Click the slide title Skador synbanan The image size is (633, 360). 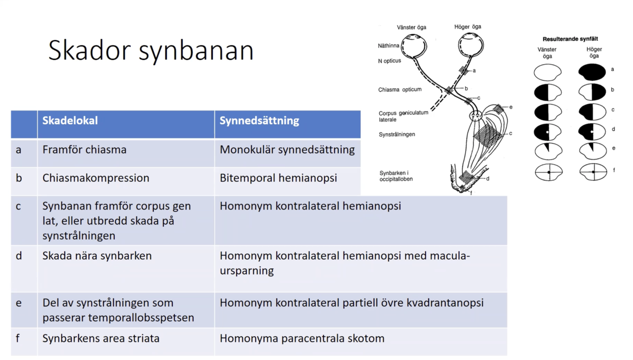(151, 50)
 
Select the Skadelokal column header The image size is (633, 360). (70, 120)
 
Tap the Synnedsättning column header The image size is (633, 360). (259, 120)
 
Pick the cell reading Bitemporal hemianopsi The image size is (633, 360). (279, 178)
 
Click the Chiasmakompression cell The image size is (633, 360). (96, 178)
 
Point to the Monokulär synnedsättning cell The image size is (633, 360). (287, 150)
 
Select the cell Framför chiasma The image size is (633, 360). (84, 150)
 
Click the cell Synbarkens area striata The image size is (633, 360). (101, 339)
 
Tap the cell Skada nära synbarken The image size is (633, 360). (97, 256)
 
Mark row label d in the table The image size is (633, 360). (19, 256)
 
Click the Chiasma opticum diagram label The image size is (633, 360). (400, 90)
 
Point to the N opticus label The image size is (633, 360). (389, 61)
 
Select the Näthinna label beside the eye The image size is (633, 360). (388, 46)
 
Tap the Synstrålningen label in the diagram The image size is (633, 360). (397, 134)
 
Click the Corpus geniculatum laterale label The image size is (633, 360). (403, 116)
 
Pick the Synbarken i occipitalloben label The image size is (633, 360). (396, 176)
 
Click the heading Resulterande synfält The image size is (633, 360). (570, 39)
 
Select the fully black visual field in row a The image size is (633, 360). (592, 72)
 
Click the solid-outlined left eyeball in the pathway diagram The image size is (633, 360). (414, 46)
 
